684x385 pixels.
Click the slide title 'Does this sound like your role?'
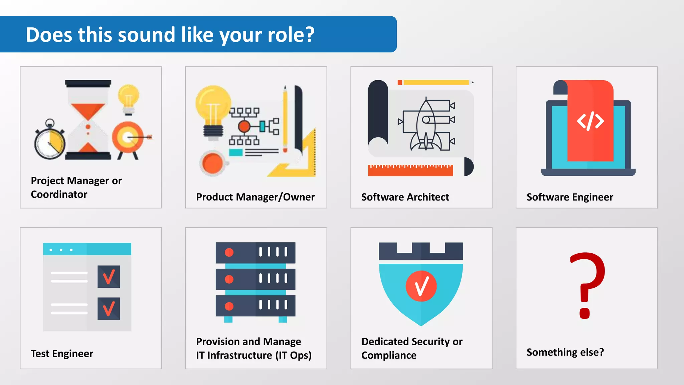click(170, 35)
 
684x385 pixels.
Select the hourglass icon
click(88, 120)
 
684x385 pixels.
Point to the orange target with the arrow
click(128, 137)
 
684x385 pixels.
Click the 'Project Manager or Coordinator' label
click(76, 187)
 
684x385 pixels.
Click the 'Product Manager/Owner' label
click(255, 197)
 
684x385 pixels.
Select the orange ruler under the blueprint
click(410, 170)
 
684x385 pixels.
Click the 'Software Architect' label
click(405, 197)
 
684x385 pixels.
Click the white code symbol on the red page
click(590, 121)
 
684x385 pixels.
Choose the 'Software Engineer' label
click(570, 197)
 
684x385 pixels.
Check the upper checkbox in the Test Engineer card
click(109, 277)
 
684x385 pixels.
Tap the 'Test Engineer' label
click(62, 354)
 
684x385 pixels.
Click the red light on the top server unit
click(229, 252)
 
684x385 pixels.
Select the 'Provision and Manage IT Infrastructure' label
click(254, 348)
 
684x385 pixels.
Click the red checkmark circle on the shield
click(421, 286)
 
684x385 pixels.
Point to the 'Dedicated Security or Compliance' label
click(412, 348)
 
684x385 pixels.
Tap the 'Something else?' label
click(565, 352)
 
